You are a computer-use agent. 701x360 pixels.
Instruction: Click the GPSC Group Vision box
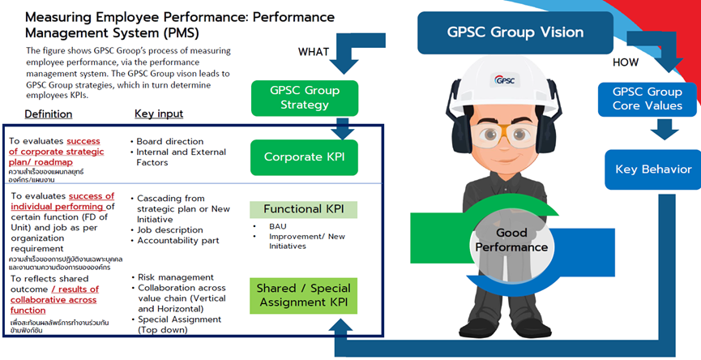pos(515,32)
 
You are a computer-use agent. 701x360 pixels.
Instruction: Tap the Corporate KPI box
pos(304,156)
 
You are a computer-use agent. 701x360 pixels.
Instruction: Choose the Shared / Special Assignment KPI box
pos(304,296)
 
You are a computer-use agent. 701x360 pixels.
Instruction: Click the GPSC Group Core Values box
pos(647,98)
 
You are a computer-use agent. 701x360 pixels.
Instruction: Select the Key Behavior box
pos(652,169)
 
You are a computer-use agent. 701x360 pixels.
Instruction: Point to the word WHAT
pos(314,52)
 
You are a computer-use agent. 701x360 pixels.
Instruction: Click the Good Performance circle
pos(511,241)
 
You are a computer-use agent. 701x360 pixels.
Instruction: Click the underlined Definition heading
pos(48,114)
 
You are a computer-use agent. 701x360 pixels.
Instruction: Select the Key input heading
pos(159,114)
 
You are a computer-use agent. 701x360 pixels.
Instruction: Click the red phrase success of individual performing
pos(91,201)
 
